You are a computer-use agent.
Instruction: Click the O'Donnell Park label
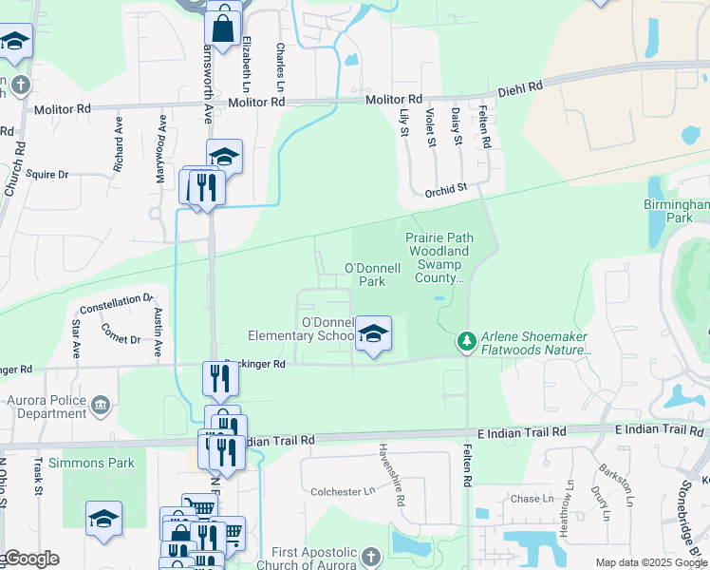[364, 275]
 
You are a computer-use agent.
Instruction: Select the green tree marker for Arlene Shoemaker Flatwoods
[465, 340]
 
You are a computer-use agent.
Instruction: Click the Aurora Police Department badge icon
[100, 408]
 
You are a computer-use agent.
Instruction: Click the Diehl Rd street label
[522, 86]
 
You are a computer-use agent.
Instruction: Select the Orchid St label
[446, 189]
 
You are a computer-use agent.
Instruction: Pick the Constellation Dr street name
[117, 305]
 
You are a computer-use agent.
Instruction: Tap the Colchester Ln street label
[344, 491]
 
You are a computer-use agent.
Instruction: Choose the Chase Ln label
[526, 499]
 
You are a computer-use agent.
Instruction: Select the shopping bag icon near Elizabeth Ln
[222, 28]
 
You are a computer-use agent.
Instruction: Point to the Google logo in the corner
[30, 559]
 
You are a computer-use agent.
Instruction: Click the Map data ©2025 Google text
[651, 562]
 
